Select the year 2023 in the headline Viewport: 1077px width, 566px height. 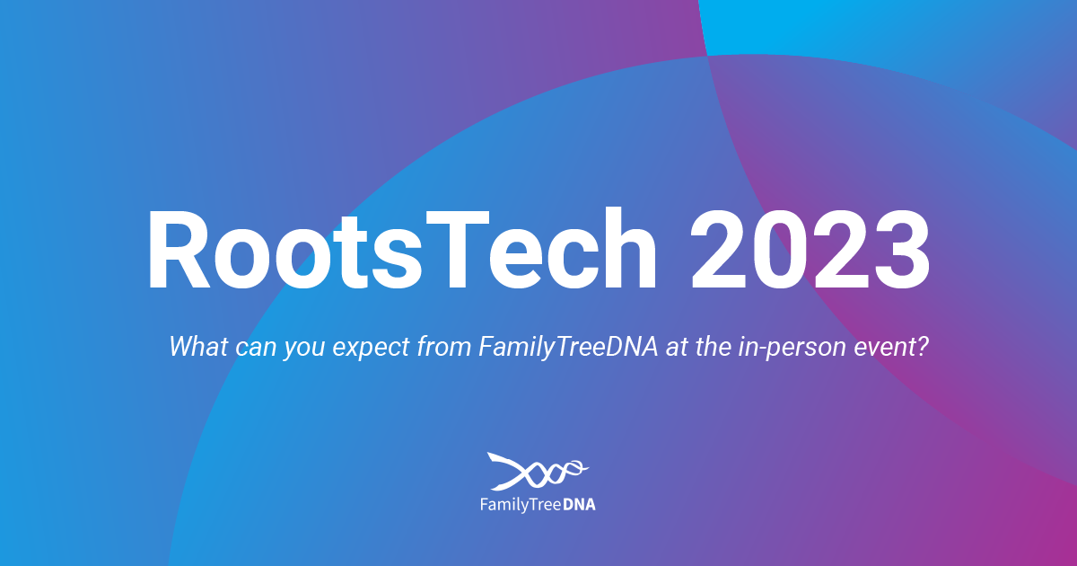tap(810, 250)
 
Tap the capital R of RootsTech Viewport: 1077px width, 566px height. tap(179, 250)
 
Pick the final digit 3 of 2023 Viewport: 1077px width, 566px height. tap(902, 250)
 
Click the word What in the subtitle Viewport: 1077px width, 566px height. tap(198, 347)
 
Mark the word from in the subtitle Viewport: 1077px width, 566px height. tap(443, 347)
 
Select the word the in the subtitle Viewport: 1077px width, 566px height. tap(713, 347)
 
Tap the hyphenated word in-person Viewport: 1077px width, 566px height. tap(792, 348)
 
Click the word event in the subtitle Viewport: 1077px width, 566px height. tap(884, 348)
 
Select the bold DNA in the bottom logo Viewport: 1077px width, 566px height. tap(579, 504)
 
